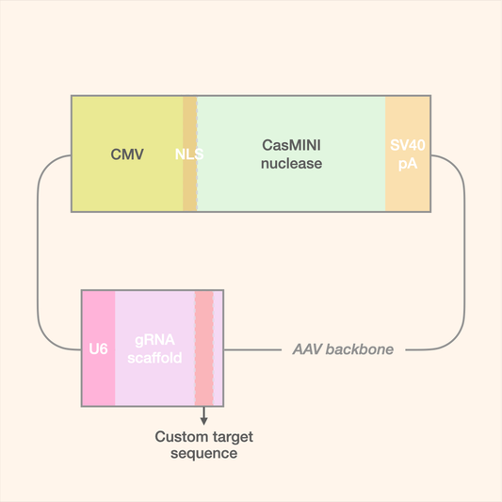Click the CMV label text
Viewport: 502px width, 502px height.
(x=127, y=154)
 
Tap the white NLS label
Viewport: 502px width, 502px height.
(x=189, y=154)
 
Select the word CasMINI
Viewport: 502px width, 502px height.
(x=291, y=146)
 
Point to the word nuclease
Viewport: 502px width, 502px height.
(x=291, y=163)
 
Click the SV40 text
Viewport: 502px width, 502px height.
(x=408, y=146)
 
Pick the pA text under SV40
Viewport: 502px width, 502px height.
(x=408, y=163)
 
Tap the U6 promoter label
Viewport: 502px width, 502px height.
(x=98, y=349)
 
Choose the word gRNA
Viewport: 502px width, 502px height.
(x=154, y=341)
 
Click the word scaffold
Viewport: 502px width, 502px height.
(x=154, y=358)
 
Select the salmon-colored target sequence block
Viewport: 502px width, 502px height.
(x=204, y=348)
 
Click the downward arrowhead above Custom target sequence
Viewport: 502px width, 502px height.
(x=204, y=420)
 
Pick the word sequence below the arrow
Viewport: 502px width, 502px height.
(x=203, y=453)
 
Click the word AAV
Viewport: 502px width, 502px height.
(x=308, y=349)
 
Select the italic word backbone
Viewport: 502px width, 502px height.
(x=360, y=349)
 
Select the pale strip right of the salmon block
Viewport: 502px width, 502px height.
(x=219, y=348)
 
